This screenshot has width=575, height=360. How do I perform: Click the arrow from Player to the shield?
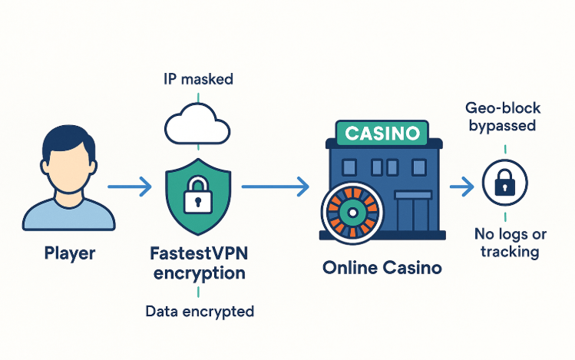pyautogui.click(x=131, y=187)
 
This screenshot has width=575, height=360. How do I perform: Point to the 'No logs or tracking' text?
pyautogui.click(x=507, y=243)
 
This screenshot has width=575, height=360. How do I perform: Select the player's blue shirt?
pyautogui.click(x=68, y=215)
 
